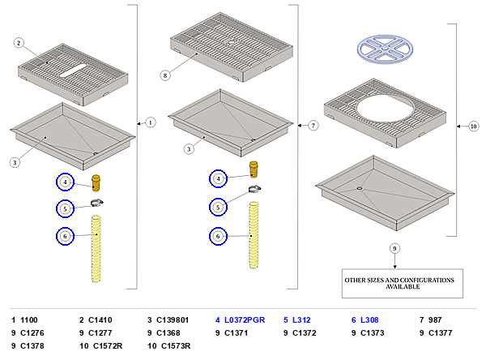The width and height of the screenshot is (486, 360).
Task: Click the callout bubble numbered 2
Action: [19, 43]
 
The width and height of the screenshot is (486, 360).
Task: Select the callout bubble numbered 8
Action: [165, 75]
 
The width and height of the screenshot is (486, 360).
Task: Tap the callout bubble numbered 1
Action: [151, 122]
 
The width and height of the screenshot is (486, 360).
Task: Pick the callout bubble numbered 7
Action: [313, 126]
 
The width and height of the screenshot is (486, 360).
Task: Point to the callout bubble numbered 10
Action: [473, 126]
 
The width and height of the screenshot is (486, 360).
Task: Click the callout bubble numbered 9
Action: [394, 248]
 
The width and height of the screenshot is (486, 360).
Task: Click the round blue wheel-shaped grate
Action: [385, 49]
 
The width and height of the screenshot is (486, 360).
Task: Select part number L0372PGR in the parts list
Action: [245, 320]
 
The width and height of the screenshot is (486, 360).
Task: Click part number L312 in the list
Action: [301, 320]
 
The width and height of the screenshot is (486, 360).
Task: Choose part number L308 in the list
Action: [369, 320]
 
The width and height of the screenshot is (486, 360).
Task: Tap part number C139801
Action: [173, 320]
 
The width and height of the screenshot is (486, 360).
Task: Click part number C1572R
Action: [108, 345]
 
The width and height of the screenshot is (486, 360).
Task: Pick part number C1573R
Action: [176, 345]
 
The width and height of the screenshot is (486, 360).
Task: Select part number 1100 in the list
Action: [29, 320]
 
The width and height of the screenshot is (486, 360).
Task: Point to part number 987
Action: [435, 320]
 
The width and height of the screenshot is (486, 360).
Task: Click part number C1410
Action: [100, 320]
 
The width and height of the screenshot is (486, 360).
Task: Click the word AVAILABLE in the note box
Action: [403, 287]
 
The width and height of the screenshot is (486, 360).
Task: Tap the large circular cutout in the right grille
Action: [385, 109]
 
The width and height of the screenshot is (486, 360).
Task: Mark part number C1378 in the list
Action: [32, 345]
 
